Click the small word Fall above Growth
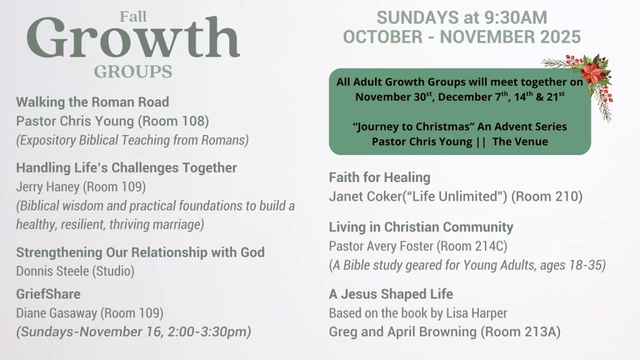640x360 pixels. [133, 17]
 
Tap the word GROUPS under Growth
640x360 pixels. [133, 71]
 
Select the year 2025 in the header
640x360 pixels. [561, 37]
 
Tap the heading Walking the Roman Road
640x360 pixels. [92, 102]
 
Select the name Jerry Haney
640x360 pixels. [47, 187]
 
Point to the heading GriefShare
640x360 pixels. [48, 294]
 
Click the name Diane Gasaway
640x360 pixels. [57, 313]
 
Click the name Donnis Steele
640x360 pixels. [52, 271]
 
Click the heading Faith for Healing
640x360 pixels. [379, 177]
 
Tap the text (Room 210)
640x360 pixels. [546, 196]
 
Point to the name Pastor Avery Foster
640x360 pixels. [381, 246]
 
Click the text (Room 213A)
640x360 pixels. [521, 332]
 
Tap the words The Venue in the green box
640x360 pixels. [520, 142]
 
